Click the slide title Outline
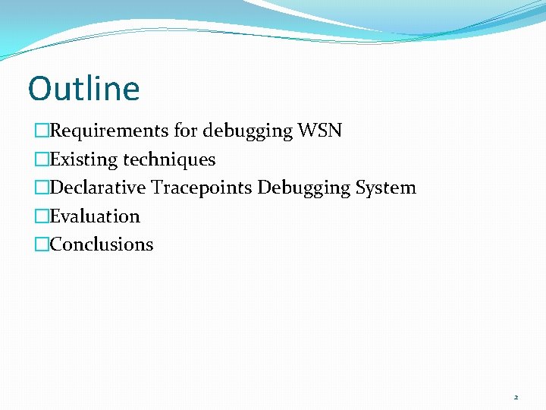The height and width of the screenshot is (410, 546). point(84,88)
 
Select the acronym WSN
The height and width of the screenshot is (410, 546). point(320,131)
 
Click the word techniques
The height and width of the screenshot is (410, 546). point(169,159)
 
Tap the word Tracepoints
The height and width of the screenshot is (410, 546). point(202,188)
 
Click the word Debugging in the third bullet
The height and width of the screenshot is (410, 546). point(304,188)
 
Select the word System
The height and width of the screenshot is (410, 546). point(386,188)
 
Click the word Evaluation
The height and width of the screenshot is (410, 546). point(95,216)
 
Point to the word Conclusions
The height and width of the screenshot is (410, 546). point(102,244)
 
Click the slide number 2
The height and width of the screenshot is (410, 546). point(516,397)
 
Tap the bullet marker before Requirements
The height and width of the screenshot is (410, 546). point(42,131)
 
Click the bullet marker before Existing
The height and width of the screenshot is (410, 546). point(42,159)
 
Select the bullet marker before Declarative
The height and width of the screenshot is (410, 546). point(42,188)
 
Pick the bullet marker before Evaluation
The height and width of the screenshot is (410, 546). point(42,216)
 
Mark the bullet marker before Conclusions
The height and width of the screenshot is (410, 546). point(42,244)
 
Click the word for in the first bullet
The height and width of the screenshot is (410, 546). point(185,131)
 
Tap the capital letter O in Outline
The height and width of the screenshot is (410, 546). point(39,89)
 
